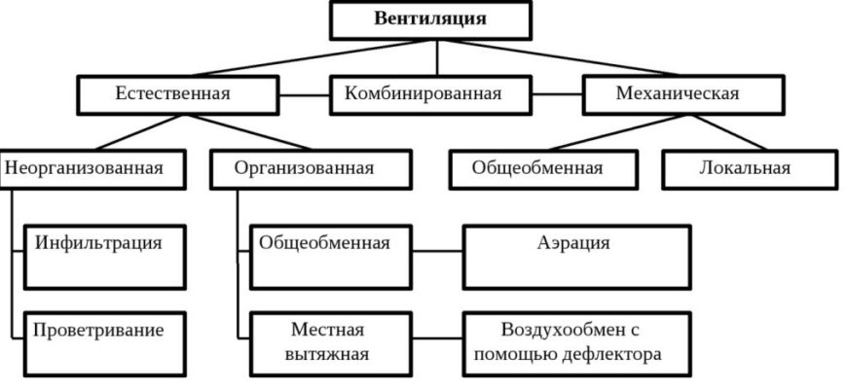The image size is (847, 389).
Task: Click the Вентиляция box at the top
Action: [x=430, y=19]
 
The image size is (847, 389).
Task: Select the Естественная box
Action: [x=173, y=94]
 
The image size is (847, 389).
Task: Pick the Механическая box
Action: [x=678, y=94]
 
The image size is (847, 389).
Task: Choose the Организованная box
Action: [x=304, y=167]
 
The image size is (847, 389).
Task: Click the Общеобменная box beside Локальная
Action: [x=537, y=167]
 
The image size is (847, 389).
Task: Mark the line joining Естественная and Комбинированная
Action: [x=299, y=95]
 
